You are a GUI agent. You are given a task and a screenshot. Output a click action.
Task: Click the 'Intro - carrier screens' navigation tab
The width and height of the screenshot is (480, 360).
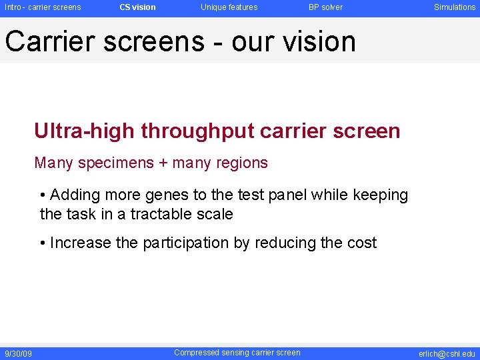coord(43,7)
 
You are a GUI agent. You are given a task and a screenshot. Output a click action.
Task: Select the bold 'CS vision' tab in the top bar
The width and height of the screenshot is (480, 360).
coord(137,7)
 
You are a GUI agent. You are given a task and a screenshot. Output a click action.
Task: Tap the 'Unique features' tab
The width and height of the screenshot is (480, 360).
coord(229,7)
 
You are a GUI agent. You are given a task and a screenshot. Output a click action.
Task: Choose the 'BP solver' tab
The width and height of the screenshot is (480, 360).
coord(325,7)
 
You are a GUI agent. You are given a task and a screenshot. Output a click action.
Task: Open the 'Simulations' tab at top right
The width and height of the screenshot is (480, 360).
coord(455,7)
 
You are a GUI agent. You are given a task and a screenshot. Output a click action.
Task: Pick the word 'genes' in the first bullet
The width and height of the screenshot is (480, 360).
coord(151,195)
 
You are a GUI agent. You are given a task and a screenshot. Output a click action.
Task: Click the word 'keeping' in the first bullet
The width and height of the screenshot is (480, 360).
coord(379,195)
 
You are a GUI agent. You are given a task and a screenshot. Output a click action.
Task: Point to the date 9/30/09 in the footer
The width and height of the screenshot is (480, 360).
coord(18,353)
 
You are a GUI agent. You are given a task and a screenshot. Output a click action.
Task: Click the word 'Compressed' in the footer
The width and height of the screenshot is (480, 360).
coord(195,353)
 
